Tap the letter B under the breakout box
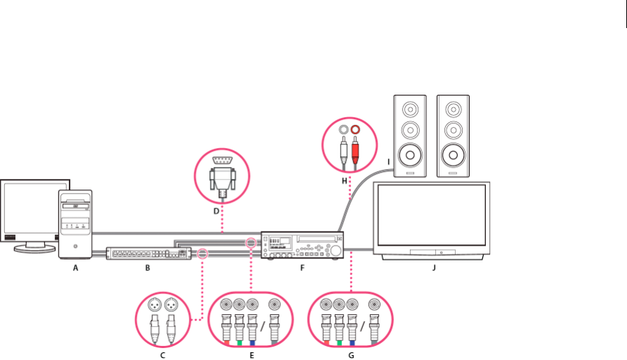(x=147, y=267)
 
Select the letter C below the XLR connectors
(x=163, y=355)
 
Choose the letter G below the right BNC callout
(x=352, y=355)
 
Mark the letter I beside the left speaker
(x=388, y=162)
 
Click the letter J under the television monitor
(x=434, y=267)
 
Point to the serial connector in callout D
(x=223, y=175)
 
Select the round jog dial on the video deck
(x=337, y=251)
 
